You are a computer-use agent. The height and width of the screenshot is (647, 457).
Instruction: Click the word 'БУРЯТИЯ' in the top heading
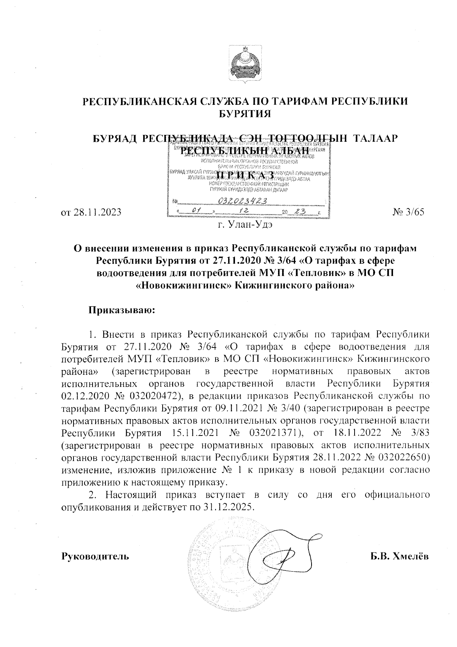[246, 113]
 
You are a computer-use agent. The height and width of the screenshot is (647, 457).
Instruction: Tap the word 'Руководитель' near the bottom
[95, 556]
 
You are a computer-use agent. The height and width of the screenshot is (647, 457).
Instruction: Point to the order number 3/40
[292, 408]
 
